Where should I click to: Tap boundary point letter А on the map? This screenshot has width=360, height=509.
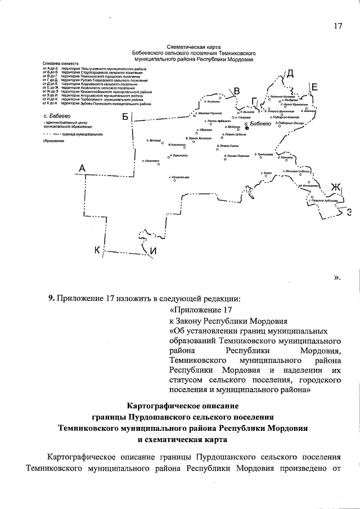coord(82,168)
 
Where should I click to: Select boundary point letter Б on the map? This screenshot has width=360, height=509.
coord(125,116)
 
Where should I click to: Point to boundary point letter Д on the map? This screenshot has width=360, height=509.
coord(290,73)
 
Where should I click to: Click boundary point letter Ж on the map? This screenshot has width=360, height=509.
coord(336,187)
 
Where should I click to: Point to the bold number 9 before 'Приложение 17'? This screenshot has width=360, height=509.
coord(50,298)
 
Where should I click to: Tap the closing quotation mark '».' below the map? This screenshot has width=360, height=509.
coord(337,277)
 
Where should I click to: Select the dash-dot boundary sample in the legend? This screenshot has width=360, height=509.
coord(52,135)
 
